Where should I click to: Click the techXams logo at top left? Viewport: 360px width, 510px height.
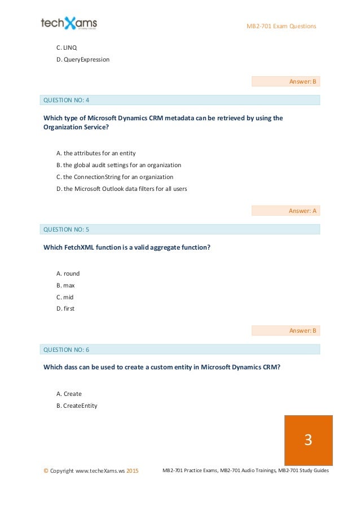[x=69, y=23]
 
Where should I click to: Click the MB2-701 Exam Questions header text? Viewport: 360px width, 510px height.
[x=282, y=27]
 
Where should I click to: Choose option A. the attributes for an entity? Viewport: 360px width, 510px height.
[x=96, y=153]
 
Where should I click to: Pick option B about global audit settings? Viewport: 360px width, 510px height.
[x=118, y=165]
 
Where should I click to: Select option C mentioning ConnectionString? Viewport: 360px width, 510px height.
[x=115, y=177]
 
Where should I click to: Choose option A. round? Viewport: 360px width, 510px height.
[x=68, y=273]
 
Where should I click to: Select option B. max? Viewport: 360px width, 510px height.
[x=66, y=285]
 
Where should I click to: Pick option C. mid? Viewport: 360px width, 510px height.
[x=65, y=297]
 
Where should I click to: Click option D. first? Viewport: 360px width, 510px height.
[x=65, y=308]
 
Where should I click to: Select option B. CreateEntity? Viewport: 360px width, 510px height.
[x=77, y=405]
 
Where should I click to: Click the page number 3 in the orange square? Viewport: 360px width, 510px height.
[x=308, y=440]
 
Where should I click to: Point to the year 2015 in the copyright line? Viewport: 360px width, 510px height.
[x=133, y=470]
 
